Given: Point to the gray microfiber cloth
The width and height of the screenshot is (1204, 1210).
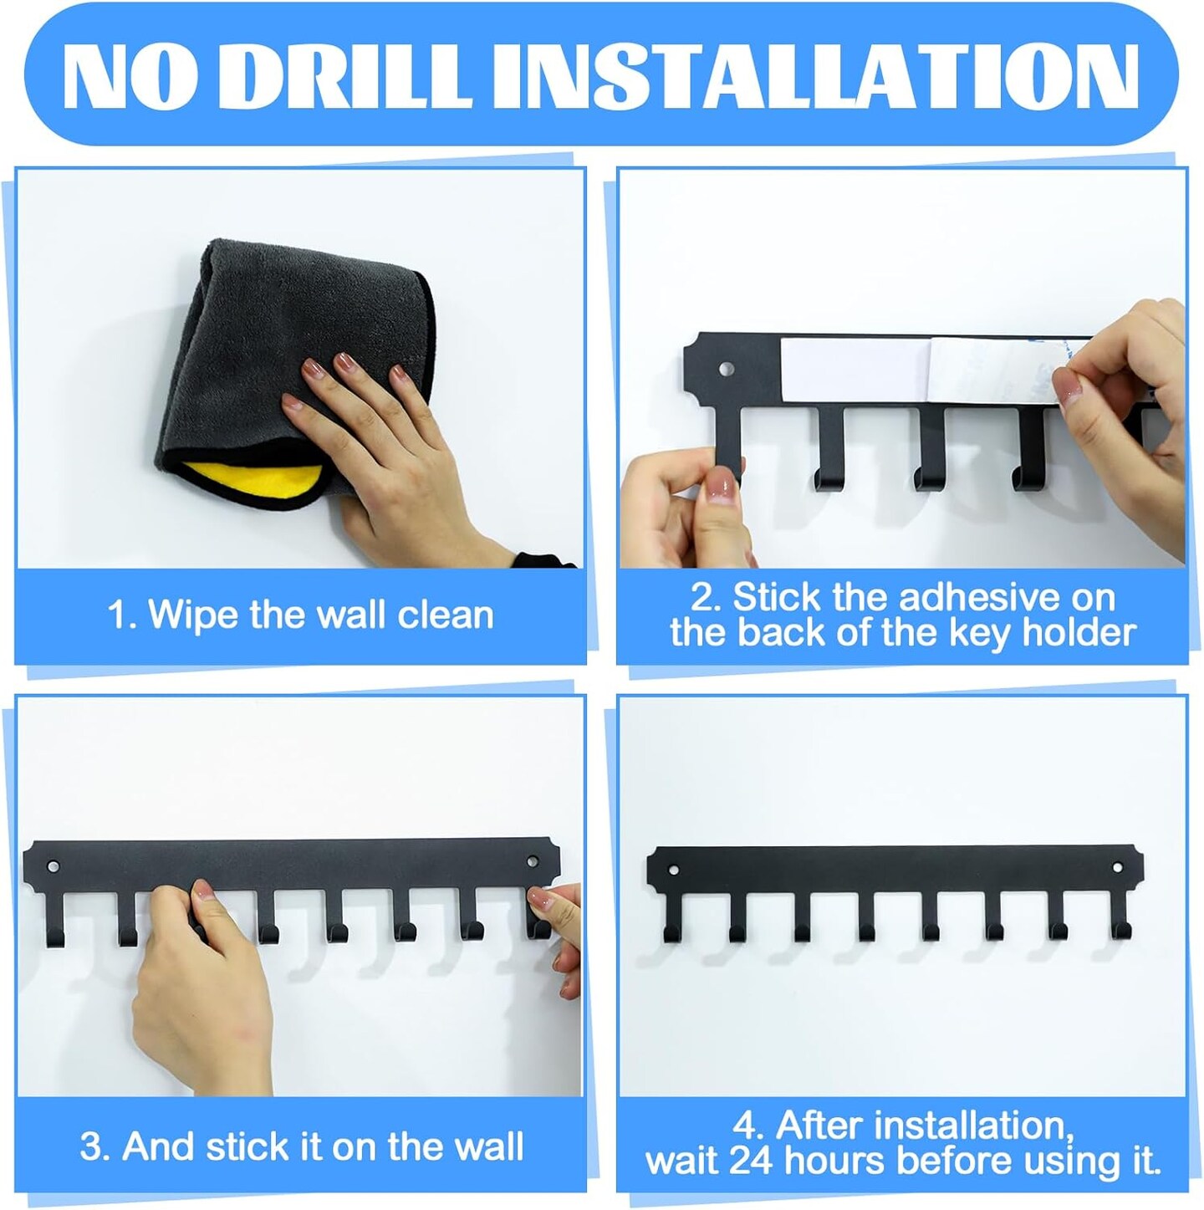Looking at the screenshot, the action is [295, 352].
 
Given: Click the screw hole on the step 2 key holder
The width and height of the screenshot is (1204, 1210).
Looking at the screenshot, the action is [727, 367].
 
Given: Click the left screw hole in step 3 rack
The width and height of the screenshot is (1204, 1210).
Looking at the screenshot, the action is [54, 866].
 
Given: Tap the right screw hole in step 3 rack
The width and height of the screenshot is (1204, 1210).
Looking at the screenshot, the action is [533, 860].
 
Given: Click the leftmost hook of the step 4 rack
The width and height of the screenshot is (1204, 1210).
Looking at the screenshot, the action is [673, 916].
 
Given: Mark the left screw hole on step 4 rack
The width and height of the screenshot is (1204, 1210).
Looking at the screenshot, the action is [674, 870].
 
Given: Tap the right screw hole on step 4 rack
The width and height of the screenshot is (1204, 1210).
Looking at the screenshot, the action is [1117, 868].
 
